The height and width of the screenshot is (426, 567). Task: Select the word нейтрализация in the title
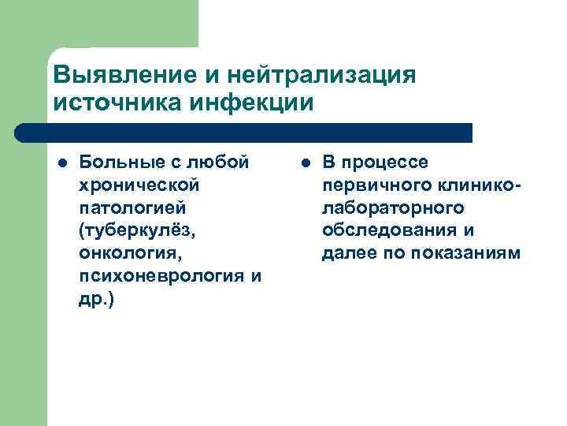click(x=321, y=77)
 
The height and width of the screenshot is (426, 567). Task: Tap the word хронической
click(x=139, y=185)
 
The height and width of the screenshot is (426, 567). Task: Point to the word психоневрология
click(x=160, y=277)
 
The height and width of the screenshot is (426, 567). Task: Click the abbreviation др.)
click(x=97, y=300)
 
